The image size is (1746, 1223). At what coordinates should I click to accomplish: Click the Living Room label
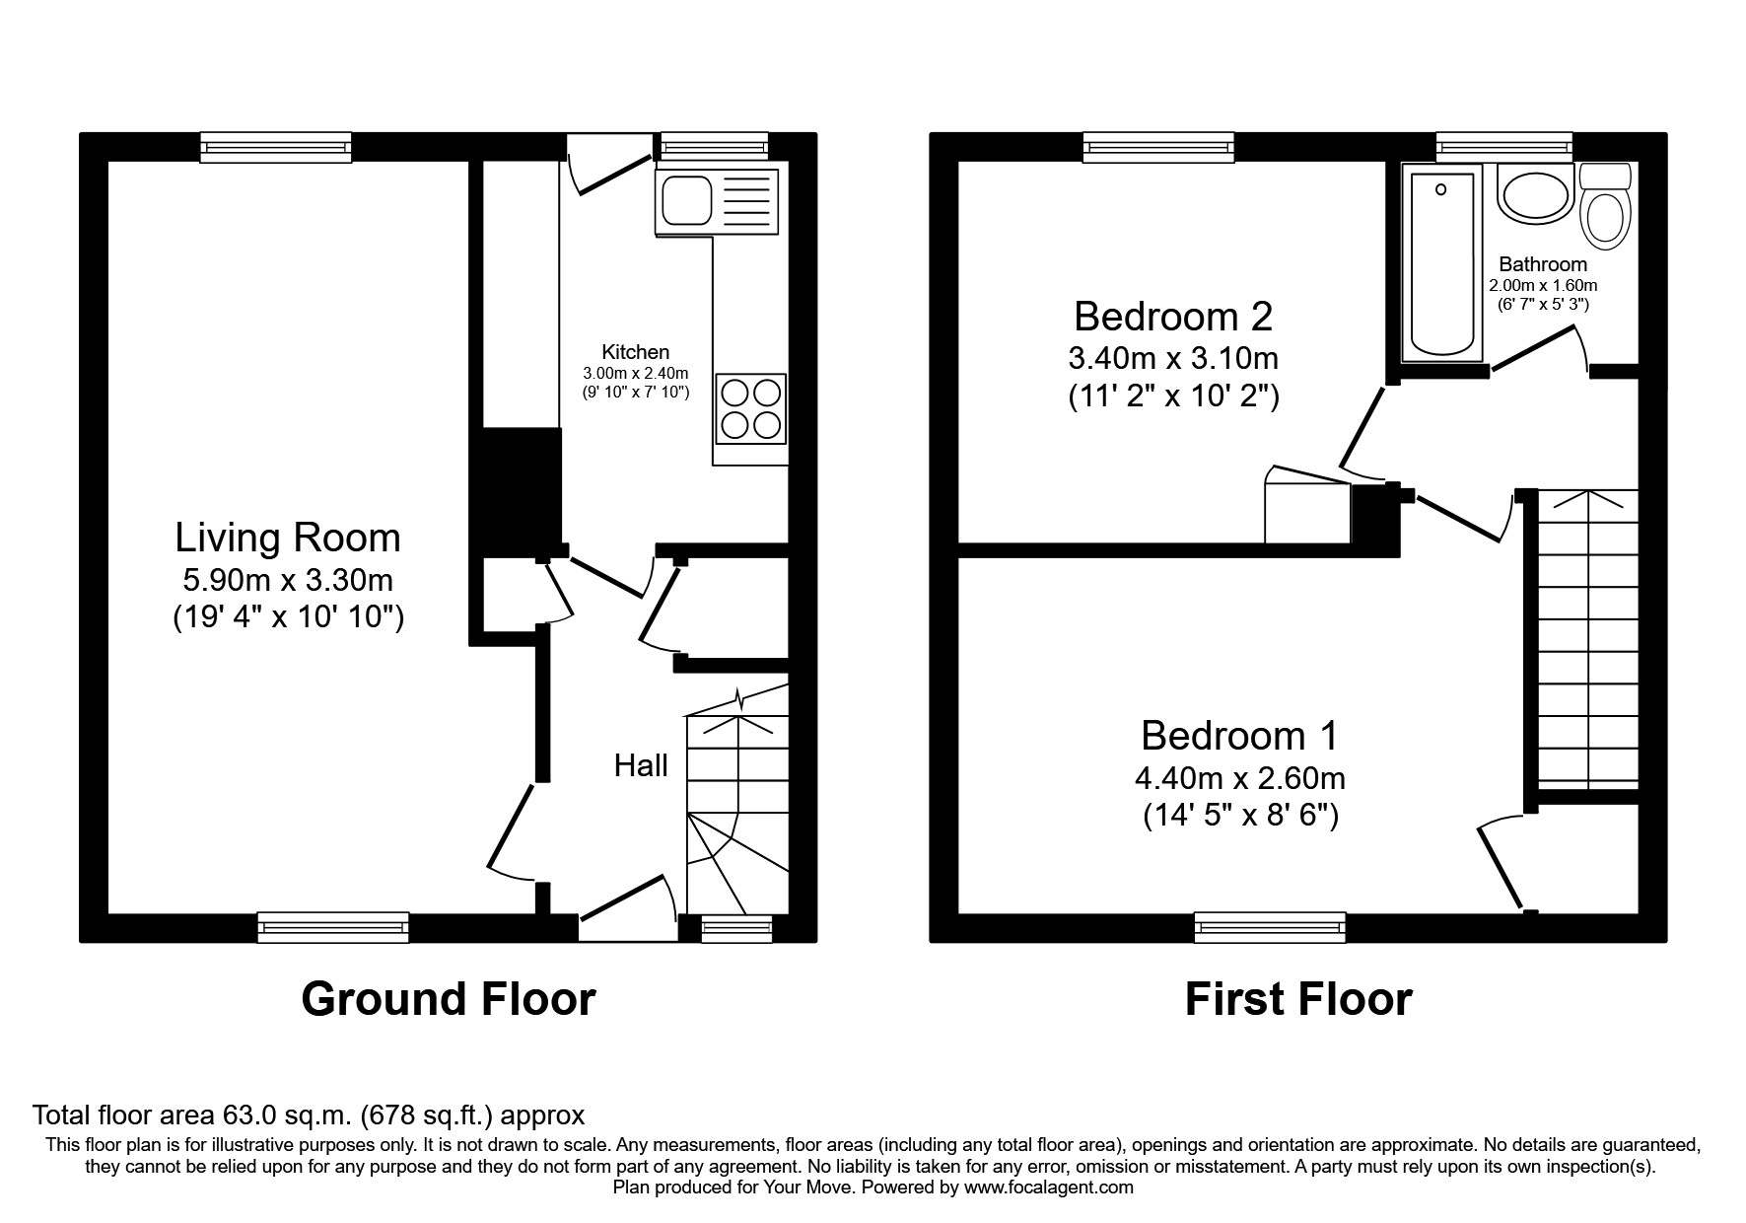tap(288, 539)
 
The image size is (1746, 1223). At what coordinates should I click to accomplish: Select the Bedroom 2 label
tap(1172, 317)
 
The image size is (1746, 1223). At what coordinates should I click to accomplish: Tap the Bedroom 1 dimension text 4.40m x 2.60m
tap(1239, 778)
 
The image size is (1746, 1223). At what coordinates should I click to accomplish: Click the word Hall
tap(641, 765)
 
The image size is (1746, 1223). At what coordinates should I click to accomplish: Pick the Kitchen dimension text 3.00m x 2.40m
tap(635, 373)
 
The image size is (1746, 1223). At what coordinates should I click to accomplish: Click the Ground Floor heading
tap(448, 999)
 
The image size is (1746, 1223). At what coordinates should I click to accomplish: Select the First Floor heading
tap(1297, 999)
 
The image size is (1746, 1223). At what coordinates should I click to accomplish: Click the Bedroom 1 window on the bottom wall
tap(1269, 926)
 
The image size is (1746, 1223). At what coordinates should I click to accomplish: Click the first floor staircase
tap(1587, 641)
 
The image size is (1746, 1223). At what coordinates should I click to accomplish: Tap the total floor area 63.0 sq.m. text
tap(309, 1115)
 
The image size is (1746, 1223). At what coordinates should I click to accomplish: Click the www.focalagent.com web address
tap(1048, 1187)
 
